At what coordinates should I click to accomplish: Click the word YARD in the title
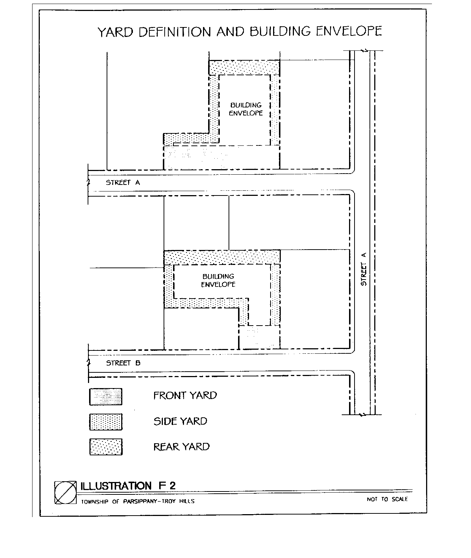(x=115, y=32)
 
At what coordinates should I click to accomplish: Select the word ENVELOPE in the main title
(x=349, y=31)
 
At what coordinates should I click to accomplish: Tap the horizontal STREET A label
(x=123, y=182)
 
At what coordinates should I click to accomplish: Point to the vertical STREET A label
(x=364, y=269)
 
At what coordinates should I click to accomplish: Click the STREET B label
(x=123, y=363)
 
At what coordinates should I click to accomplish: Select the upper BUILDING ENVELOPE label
(x=246, y=109)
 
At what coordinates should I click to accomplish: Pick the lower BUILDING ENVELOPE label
(x=218, y=280)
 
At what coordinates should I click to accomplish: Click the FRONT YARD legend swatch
(x=106, y=396)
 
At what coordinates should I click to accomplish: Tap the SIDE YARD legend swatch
(x=106, y=422)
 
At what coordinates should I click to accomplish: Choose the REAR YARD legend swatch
(x=106, y=447)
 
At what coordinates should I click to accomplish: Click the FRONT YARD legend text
(x=185, y=395)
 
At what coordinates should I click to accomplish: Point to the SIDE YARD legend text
(x=180, y=421)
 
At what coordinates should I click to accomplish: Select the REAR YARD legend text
(x=181, y=447)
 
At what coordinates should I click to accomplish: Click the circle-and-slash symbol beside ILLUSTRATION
(x=65, y=493)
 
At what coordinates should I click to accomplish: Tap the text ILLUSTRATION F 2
(x=128, y=486)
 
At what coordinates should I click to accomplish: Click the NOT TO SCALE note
(x=387, y=499)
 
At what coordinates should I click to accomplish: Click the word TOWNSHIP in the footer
(x=95, y=502)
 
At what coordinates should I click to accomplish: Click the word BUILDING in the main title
(x=280, y=31)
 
